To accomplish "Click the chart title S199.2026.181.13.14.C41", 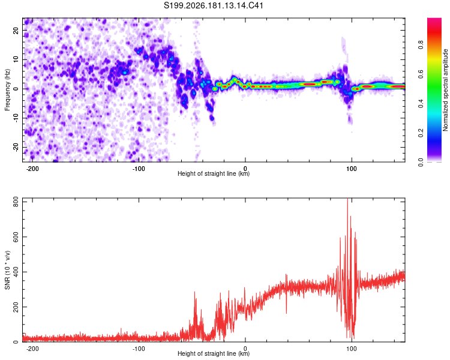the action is (x=213, y=5).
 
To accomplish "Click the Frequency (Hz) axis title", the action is (x=7, y=90).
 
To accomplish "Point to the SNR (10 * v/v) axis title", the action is (x=7, y=270).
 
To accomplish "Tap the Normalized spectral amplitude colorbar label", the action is (x=445, y=90).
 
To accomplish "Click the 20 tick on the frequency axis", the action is (x=16, y=31).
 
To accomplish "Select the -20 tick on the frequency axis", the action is (x=16, y=147).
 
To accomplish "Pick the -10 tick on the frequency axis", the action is (x=16, y=118).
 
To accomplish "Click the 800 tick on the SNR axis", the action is (x=16, y=202).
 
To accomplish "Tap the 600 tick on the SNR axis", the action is (x=16, y=237).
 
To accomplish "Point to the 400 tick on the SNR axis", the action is (x=16, y=272).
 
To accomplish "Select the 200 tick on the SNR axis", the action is (x=16, y=307).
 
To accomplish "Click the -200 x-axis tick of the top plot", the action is (x=32, y=169).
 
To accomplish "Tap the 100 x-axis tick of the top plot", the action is (x=351, y=169).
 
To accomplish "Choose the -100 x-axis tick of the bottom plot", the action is (x=139, y=349).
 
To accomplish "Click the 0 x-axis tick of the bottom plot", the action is (x=245, y=349).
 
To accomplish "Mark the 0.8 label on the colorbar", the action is (x=421, y=45).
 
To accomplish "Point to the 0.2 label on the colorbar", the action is (x=421, y=133).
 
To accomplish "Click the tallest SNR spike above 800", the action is (x=347, y=199).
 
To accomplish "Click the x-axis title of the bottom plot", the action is (x=214, y=353).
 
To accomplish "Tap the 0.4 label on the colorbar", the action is (x=421, y=103).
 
